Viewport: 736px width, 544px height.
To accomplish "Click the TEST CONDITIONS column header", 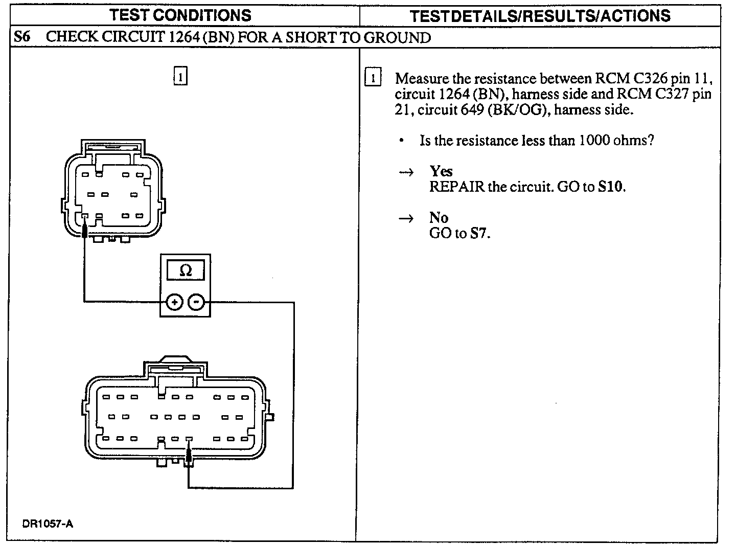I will tap(180, 15).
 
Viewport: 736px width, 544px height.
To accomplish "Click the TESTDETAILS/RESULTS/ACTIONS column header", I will tap(540, 16).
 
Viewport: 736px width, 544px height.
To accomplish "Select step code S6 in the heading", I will tap(22, 37).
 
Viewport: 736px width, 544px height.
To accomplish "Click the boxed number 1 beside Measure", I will tap(373, 78).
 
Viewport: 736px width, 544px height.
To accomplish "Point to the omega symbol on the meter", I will tap(186, 270).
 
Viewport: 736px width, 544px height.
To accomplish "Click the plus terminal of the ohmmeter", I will tap(174, 302).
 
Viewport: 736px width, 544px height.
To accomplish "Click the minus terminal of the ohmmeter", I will tap(196, 302).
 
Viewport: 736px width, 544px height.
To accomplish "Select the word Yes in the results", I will tap(441, 171).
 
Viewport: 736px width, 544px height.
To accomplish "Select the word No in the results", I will tap(439, 218).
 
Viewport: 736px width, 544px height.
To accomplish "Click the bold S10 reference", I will tap(612, 187).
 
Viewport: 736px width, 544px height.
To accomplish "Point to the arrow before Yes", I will tap(406, 172).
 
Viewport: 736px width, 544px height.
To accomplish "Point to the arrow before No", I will tap(406, 219).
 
